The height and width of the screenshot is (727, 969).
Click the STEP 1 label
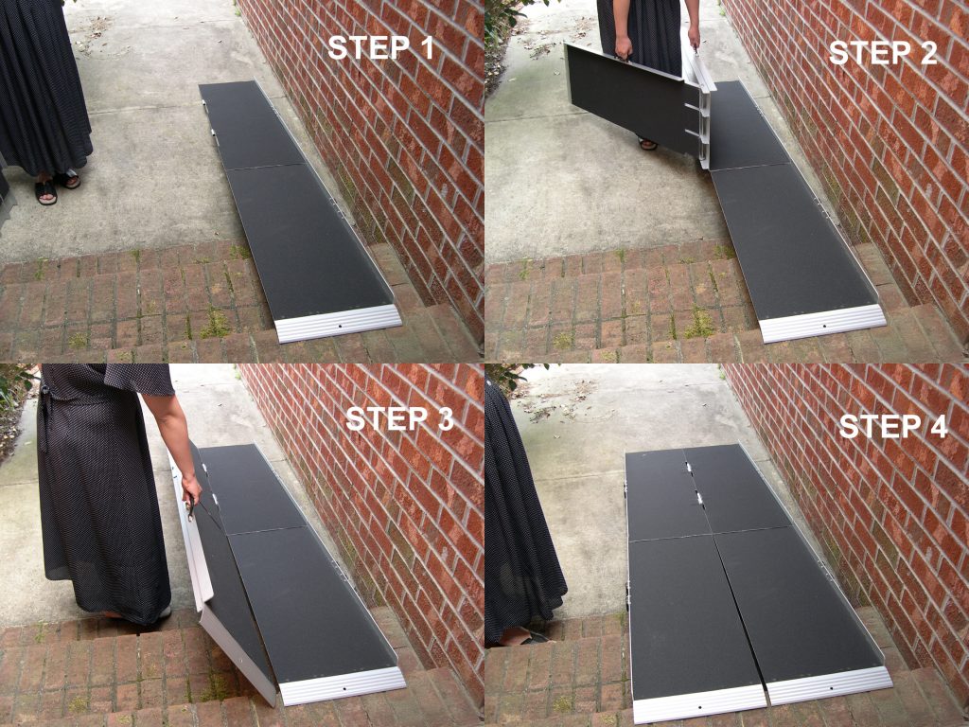click(x=380, y=48)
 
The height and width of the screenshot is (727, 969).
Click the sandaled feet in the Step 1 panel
click(x=56, y=186)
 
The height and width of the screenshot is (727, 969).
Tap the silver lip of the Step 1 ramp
click(x=340, y=323)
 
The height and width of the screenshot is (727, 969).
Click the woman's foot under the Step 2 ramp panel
click(x=647, y=144)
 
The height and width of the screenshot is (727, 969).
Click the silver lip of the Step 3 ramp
click(x=343, y=683)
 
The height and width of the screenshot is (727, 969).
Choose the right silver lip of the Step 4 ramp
click(x=830, y=683)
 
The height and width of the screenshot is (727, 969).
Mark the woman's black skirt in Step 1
click(x=43, y=85)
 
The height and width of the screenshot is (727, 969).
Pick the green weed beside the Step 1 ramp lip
click(x=217, y=324)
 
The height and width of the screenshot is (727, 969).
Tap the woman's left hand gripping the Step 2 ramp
click(x=622, y=48)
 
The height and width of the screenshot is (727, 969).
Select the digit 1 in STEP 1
click(x=423, y=48)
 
